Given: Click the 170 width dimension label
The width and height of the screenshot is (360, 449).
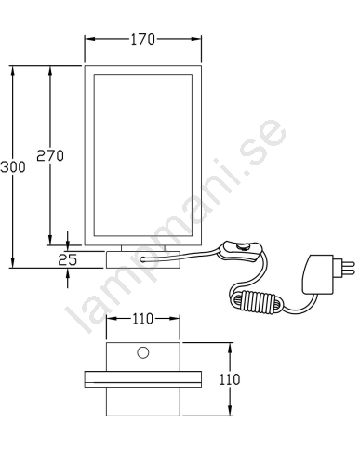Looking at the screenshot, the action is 142,39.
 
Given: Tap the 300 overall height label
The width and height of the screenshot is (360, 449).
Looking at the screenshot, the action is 13,167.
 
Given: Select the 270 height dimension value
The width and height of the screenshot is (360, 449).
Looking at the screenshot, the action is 50,155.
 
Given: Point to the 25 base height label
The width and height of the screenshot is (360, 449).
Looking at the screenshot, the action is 68,259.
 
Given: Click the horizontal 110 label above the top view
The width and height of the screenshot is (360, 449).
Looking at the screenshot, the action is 143,319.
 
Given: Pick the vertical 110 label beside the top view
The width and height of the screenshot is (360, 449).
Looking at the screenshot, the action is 230,379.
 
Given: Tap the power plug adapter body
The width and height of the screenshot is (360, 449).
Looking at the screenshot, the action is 317,274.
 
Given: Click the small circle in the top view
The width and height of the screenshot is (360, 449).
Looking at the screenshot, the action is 143,352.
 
